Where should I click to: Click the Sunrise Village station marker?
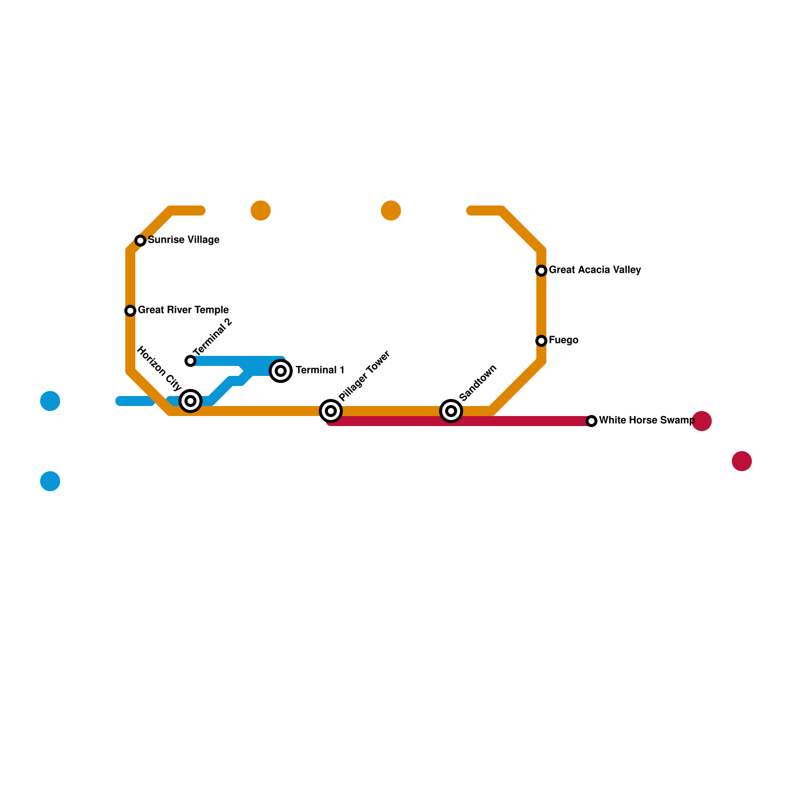click(x=140, y=241)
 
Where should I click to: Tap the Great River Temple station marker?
click(x=130, y=311)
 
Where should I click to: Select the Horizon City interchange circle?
click(x=190, y=401)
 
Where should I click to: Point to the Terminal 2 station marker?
click(x=190, y=361)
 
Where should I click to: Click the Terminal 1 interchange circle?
click(x=281, y=371)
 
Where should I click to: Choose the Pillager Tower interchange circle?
click(x=331, y=411)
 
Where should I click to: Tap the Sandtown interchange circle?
click(x=451, y=411)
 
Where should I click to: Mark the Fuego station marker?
click(x=541, y=341)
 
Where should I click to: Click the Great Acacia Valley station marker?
click(x=541, y=271)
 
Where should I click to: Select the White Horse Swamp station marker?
click(x=591, y=421)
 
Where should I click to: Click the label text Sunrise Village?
click(x=183, y=240)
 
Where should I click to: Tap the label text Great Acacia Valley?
click(x=594, y=270)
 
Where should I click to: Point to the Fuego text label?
click(x=563, y=340)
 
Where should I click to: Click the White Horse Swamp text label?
click(x=647, y=421)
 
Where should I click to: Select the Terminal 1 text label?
click(x=320, y=370)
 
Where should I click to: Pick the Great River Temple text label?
click(x=183, y=310)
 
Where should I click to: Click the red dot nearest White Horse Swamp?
click(x=702, y=421)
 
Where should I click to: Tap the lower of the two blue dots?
click(x=50, y=481)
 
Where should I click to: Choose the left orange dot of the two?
click(x=261, y=211)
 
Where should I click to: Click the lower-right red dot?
click(x=742, y=461)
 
